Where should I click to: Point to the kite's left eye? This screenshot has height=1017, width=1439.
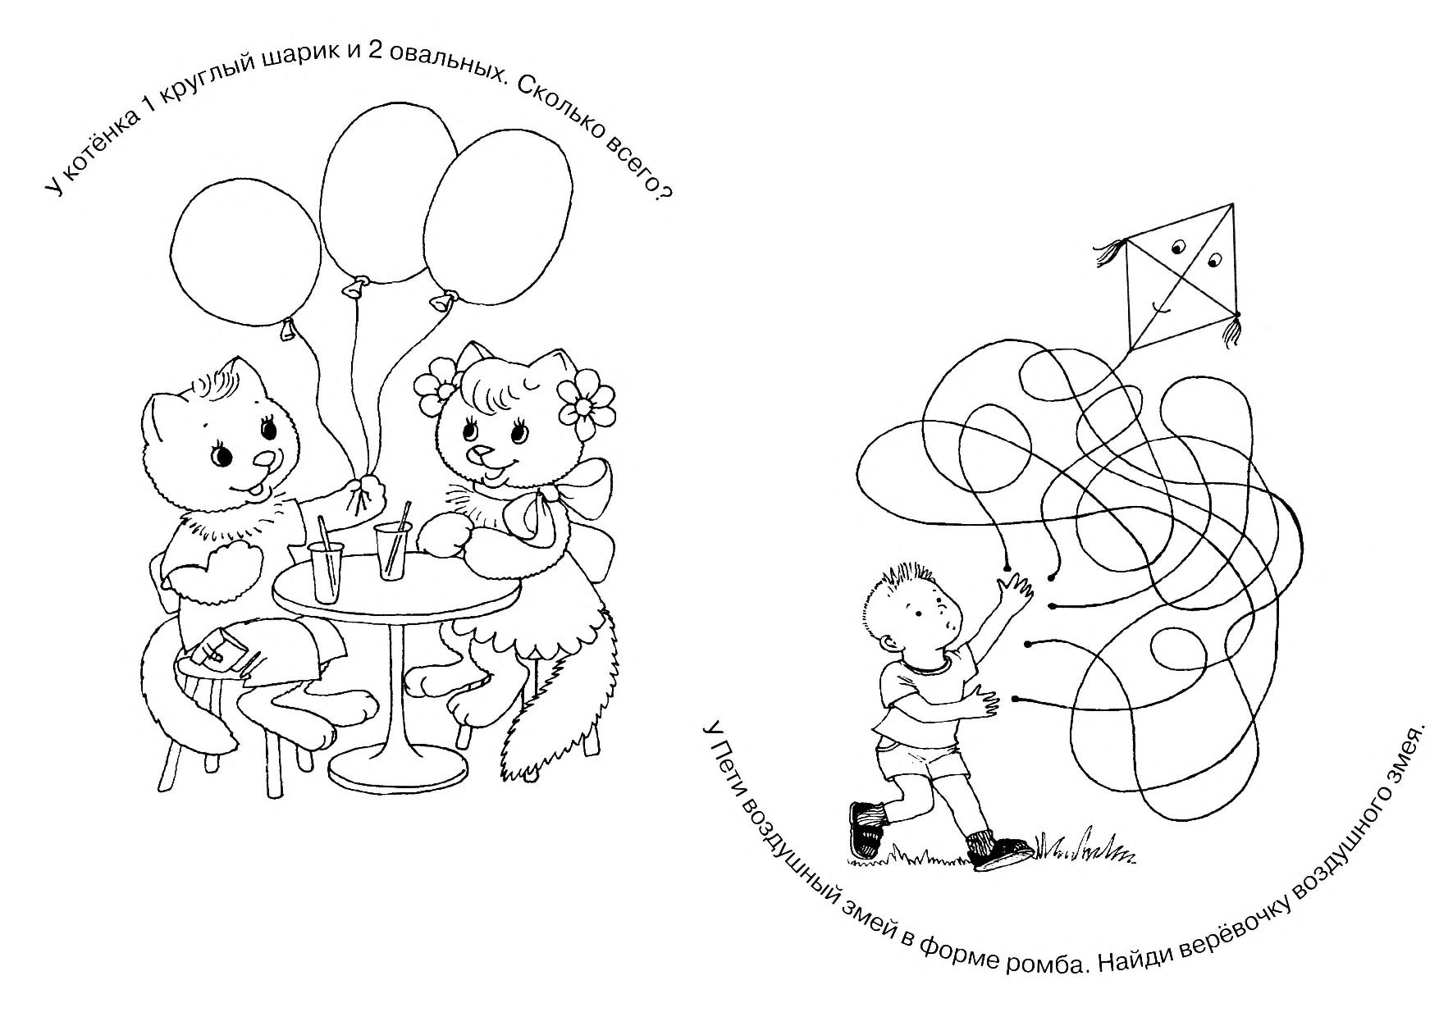1179,246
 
